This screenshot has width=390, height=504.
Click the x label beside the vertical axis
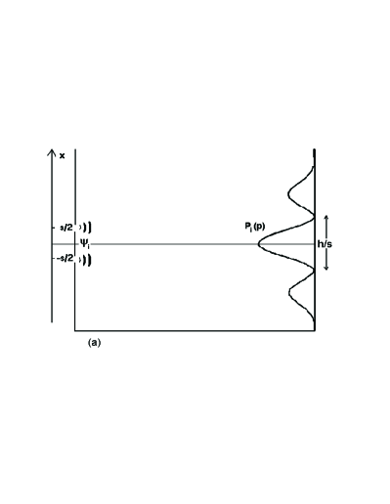[x=62, y=155]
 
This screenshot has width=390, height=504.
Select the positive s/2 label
[x=66, y=227]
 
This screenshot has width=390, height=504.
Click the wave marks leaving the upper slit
[x=86, y=228]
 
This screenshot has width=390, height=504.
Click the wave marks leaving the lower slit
[x=86, y=260]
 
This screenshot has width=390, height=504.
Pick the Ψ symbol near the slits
[x=85, y=244]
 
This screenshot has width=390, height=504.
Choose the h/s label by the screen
[x=326, y=244]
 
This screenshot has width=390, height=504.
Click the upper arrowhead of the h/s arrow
[x=326, y=218]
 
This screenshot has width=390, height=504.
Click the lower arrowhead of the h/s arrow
[x=326, y=270]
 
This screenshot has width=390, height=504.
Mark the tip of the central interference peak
[x=259, y=243]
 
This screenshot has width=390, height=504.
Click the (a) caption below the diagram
[x=95, y=343]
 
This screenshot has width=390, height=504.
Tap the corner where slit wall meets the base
[x=75, y=331]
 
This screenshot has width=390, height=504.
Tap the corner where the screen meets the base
[x=314, y=331]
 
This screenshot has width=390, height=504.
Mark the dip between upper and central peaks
[x=312, y=217]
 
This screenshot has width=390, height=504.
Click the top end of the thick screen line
[x=314, y=149]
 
